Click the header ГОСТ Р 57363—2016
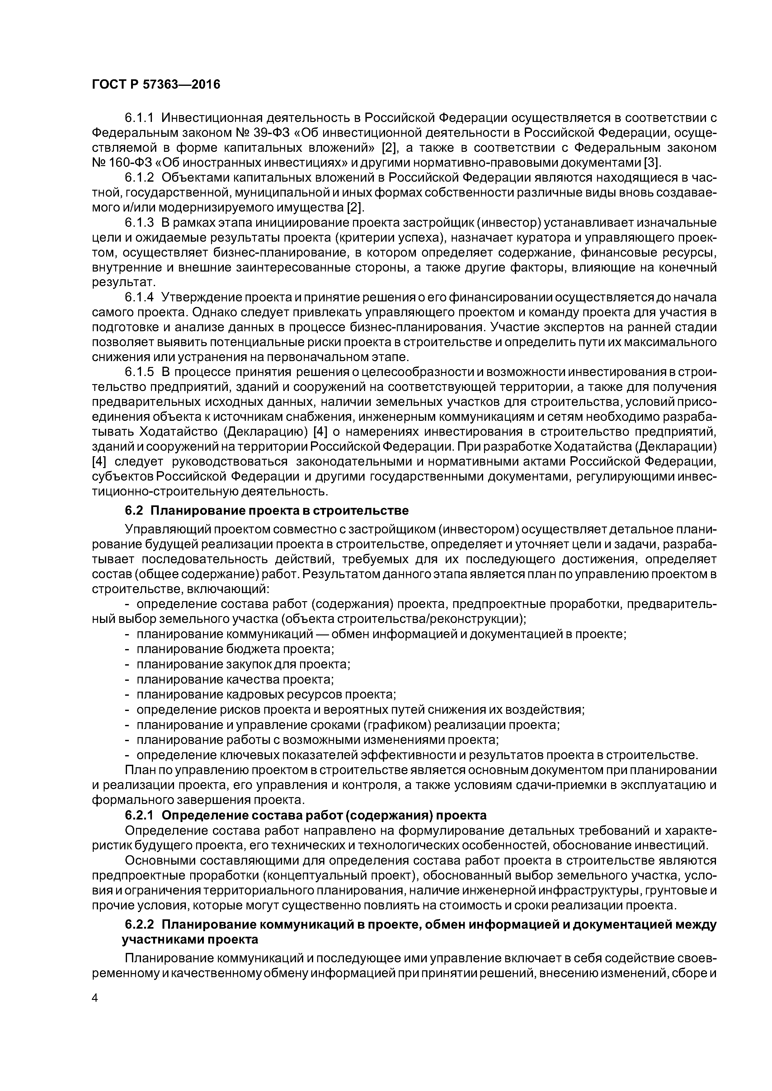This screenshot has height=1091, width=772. coord(156,85)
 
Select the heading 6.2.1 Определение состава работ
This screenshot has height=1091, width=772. coord(305,815)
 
